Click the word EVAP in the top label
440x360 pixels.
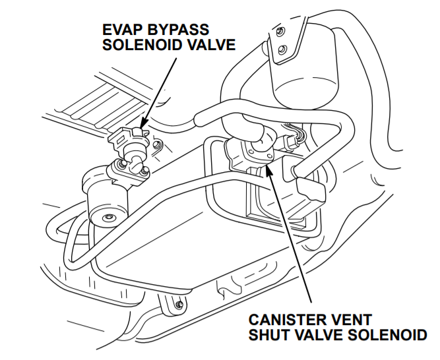pos(125,30)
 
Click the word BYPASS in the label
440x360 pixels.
pos(178,30)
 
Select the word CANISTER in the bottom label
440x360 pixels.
pos(284,319)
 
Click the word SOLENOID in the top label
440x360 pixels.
pos(141,45)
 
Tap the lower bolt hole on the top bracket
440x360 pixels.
pos(282,50)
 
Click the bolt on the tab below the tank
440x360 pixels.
pos(178,304)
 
